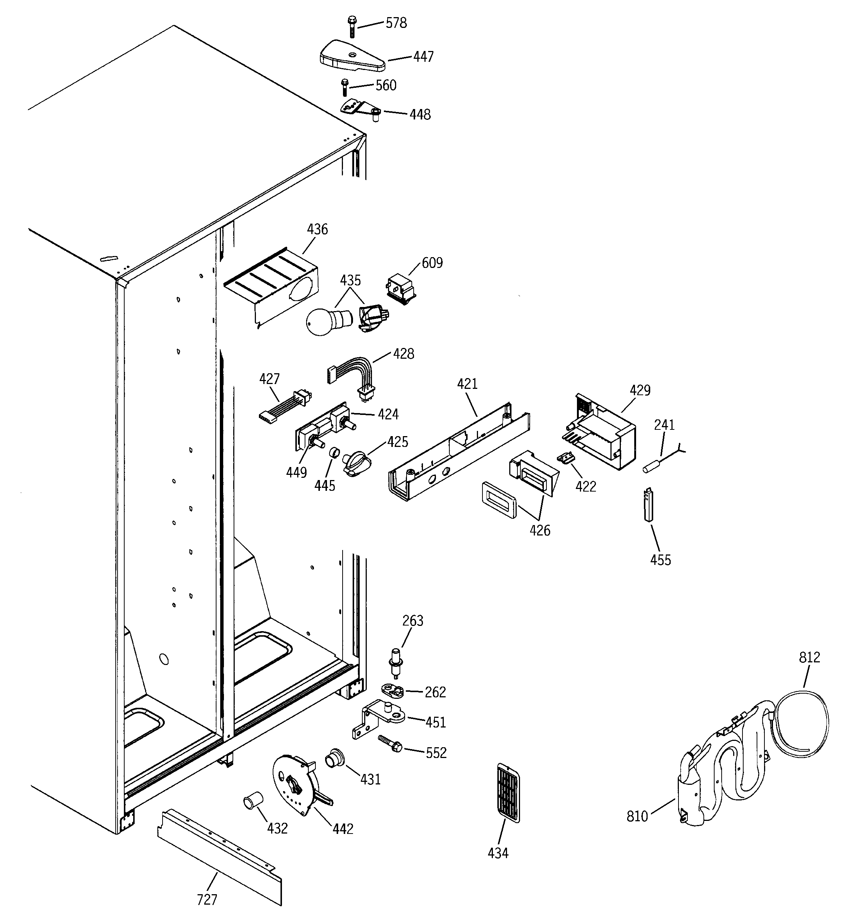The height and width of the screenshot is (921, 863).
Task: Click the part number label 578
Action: (x=396, y=23)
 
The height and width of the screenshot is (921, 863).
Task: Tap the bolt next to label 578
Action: (x=352, y=27)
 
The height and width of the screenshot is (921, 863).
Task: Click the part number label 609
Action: (x=432, y=263)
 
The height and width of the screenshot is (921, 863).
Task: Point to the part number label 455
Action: (x=660, y=560)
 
